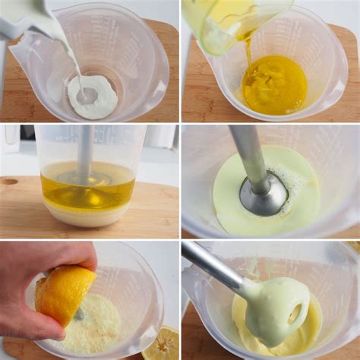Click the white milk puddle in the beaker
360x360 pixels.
tap(93, 97)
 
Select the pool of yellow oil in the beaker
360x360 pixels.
tap(274, 85)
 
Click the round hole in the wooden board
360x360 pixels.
tap(9, 182)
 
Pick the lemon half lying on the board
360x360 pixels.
tap(162, 345)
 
